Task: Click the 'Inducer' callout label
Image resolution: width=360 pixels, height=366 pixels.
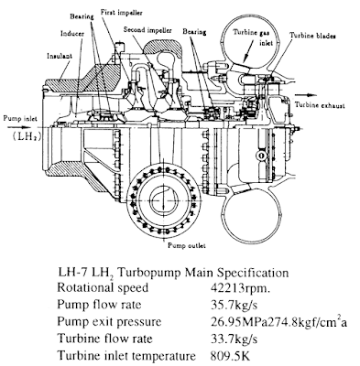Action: (72, 34)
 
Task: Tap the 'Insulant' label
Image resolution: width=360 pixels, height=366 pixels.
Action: (60, 56)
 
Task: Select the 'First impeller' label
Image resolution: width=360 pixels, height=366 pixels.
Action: (122, 13)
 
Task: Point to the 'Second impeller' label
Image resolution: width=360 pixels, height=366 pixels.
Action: (147, 30)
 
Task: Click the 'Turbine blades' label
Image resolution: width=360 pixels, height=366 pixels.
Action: (312, 36)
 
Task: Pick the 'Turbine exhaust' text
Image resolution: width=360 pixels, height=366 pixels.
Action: (320, 105)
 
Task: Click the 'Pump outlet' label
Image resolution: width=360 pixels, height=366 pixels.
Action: (187, 245)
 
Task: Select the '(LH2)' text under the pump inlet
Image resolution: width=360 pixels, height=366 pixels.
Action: (27, 136)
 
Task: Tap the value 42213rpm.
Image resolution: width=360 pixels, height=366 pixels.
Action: (240, 288)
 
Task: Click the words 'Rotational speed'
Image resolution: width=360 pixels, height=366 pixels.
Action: (103, 288)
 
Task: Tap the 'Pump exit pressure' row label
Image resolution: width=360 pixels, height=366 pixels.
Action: (109, 322)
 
